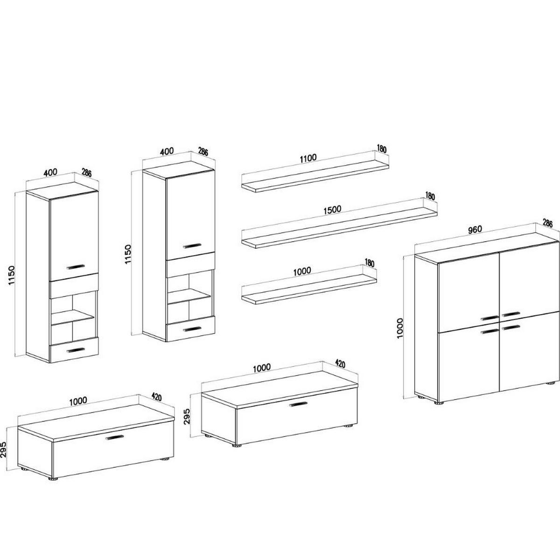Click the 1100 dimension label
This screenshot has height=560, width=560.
coord(308,158)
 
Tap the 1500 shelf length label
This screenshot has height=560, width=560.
coord(332,210)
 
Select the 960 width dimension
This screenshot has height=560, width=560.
coord(475,229)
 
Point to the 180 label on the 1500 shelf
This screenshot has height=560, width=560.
coord(430,196)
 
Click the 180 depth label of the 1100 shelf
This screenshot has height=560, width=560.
coord(382,148)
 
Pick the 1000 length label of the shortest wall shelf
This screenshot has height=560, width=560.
coord(302,271)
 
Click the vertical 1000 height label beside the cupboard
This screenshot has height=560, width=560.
coord(400,329)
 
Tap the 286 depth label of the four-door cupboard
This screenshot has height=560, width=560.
coord(547,224)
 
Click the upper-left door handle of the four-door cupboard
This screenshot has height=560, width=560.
coord(490,318)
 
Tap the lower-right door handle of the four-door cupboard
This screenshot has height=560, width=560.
coord(511,328)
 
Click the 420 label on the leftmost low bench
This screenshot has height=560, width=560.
coord(156,397)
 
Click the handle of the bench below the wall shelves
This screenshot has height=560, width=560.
coord(298,404)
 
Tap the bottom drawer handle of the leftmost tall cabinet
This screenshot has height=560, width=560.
coord(76,350)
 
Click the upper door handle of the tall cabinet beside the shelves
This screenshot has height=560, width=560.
coord(192,245)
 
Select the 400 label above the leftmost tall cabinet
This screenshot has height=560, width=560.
coord(50,173)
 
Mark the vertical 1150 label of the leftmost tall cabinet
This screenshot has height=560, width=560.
coord(11,275)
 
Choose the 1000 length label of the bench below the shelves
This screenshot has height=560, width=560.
coord(261,368)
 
